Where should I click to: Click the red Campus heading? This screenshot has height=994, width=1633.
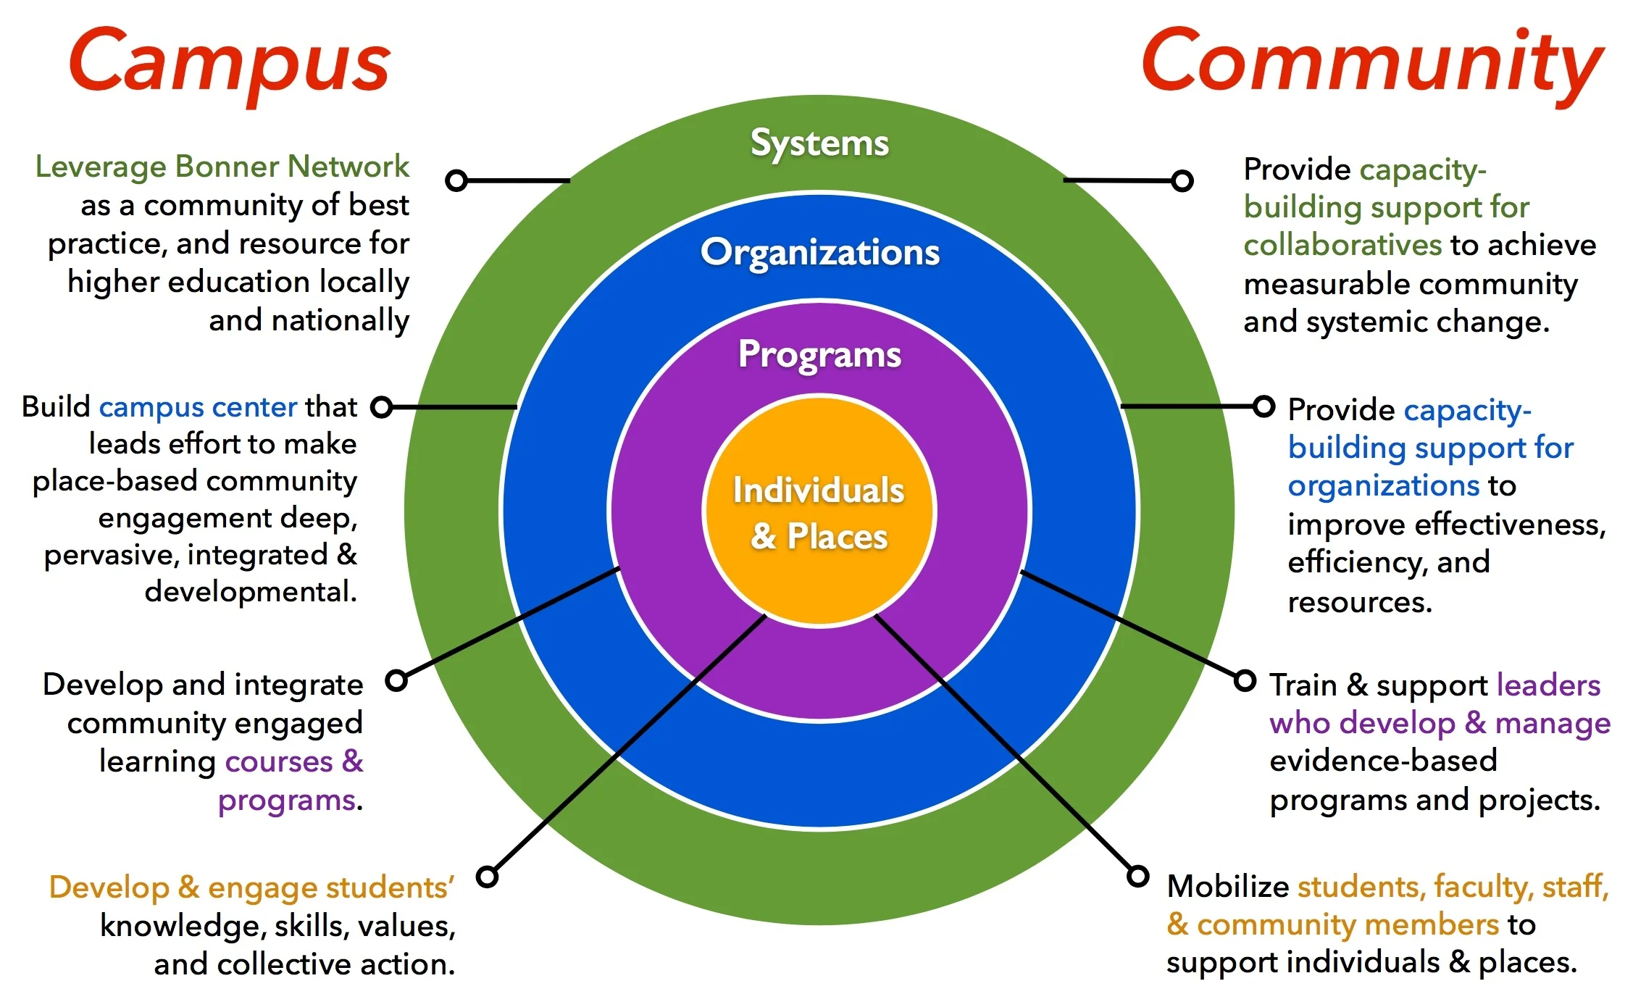point(229,64)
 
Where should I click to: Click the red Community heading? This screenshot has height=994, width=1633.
point(1371,64)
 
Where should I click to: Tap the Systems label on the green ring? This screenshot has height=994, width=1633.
point(819,143)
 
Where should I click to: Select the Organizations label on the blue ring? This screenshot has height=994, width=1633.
point(819,253)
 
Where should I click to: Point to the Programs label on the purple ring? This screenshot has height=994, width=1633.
point(819,355)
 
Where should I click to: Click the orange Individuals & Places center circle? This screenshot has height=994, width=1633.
point(819,512)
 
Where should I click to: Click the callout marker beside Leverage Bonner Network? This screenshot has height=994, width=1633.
point(456,180)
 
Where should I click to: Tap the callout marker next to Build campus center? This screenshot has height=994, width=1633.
point(382,407)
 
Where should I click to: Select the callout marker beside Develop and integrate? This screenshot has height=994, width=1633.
point(396,680)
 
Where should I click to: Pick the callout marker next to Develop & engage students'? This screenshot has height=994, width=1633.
point(488,877)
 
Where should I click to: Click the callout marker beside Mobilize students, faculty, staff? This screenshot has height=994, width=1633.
point(1138,876)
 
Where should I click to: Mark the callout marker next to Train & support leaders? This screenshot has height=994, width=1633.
point(1245,680)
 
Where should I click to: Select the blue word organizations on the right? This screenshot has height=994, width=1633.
point(1383,485)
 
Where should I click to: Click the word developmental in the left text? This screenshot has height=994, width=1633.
point(250,592)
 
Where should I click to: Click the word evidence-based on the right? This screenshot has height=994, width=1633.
point(1383,761)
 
